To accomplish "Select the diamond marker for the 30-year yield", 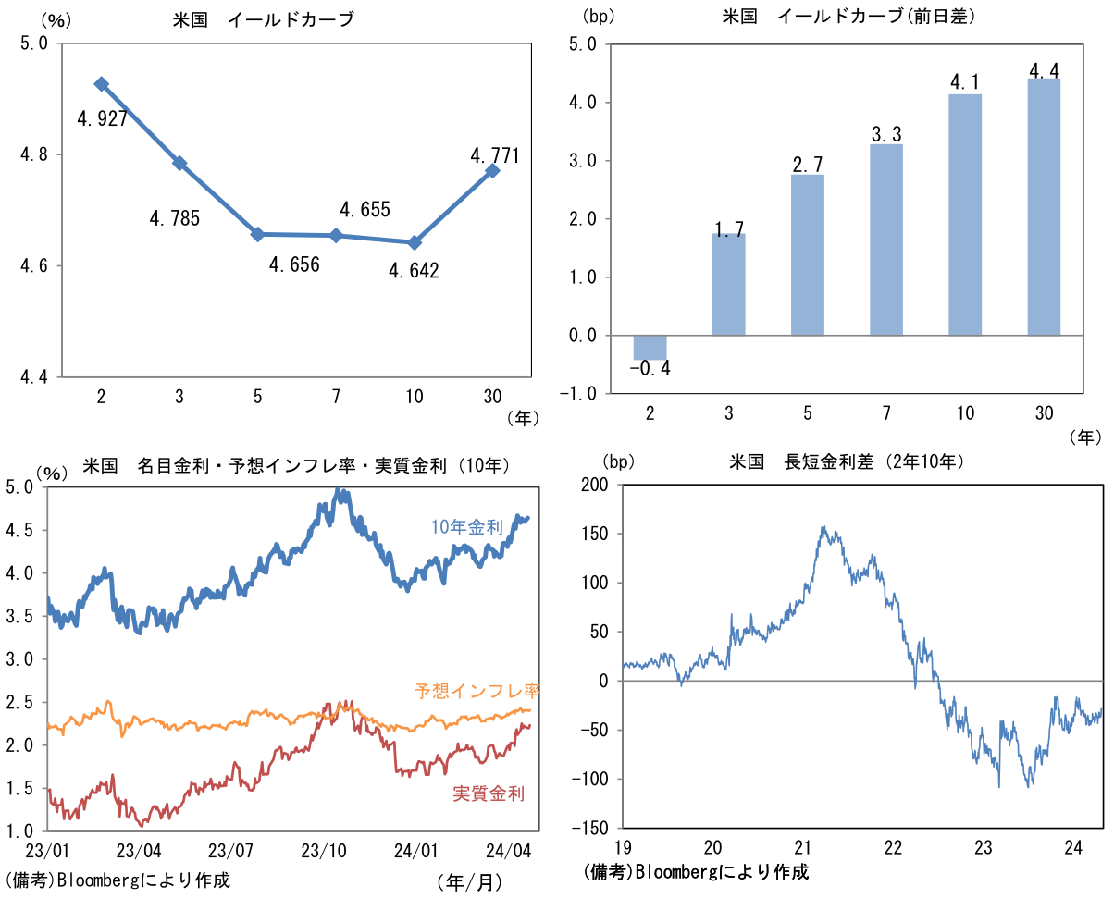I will (x=492, y=171).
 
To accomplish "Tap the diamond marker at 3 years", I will (x=179, y=164).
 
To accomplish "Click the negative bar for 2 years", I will (x=650, y=348).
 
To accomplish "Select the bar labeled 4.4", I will (x=1044, y=208).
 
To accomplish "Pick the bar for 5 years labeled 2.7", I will (x=808, y=255).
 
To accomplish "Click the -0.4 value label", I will (x=650, y=370).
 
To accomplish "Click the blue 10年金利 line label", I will (x=466, y=527).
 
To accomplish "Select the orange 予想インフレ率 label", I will (x=477, y=690).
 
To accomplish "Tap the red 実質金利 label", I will (x=489, y=793).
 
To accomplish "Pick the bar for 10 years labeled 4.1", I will (x=965, y=215).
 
